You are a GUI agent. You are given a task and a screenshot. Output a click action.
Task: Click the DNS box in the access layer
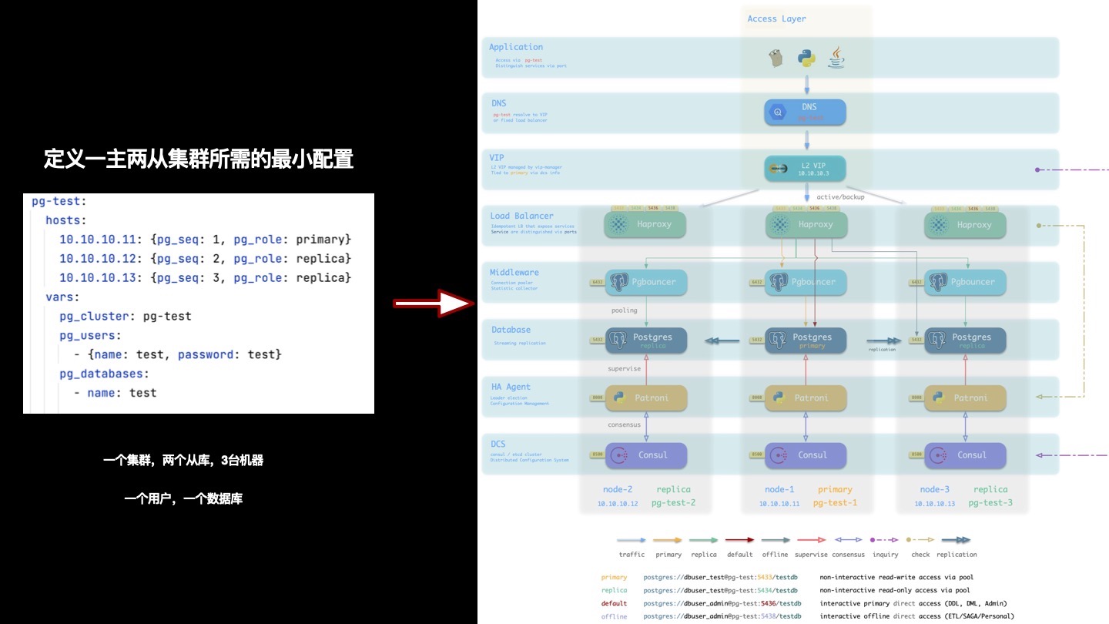click(806, 112)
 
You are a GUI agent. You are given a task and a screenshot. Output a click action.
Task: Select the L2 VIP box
click(806, 169)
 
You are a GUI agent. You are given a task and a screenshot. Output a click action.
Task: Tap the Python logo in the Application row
click(806, 58)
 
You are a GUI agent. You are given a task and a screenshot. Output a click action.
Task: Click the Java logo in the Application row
click(835, 57)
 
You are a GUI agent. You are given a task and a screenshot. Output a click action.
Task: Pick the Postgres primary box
click(806, 341)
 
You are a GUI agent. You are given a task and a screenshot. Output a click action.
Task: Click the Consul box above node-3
click(965, 455)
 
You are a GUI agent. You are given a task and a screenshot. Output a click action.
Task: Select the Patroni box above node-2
click(646, 398)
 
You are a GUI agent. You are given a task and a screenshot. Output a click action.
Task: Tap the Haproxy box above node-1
click(806, 225)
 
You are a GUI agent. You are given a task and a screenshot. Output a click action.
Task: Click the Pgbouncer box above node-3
click(965, 282)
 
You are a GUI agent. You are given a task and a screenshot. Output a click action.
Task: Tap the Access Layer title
click(776, 18)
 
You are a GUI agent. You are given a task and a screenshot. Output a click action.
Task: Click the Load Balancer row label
click(521, 216)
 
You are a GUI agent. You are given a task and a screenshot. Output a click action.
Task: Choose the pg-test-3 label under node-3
click(990, 503)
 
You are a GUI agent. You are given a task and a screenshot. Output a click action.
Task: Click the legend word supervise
click(810, 555)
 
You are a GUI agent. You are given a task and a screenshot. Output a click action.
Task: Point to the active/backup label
click(840, 197)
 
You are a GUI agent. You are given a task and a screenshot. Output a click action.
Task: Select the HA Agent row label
click(511, 387)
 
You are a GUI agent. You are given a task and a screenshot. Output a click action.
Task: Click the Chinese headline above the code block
click(199, 159)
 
